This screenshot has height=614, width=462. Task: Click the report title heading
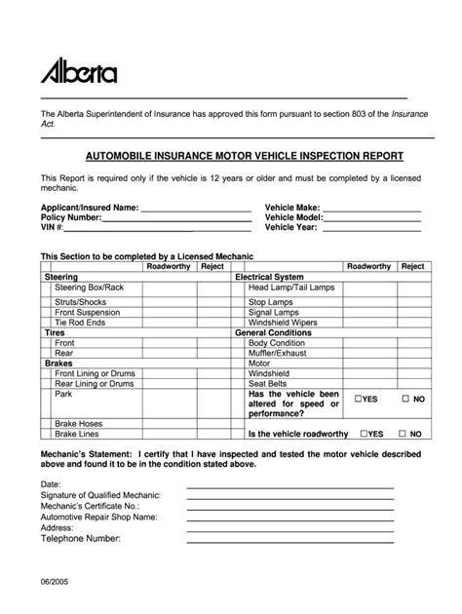point(231,155)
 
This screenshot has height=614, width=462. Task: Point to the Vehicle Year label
point(291,227)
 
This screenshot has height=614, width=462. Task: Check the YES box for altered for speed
point(360,400)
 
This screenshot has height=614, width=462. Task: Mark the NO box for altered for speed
point(404,400)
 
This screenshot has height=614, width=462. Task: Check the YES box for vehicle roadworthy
point(364,434)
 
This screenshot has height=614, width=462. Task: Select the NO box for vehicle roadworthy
point(404,434)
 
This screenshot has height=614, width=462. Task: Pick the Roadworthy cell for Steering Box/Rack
point(167,289)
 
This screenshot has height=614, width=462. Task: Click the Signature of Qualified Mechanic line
point(289,496)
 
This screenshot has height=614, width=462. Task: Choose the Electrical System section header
point(270,278)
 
